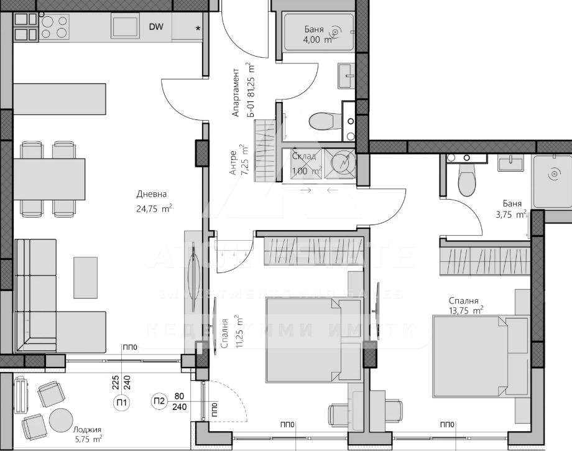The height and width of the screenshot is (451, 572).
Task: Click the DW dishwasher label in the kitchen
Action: (157, 27)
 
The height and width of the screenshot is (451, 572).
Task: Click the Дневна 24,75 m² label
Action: (154, 202)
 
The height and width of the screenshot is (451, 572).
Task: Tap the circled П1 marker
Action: (122, 402)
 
